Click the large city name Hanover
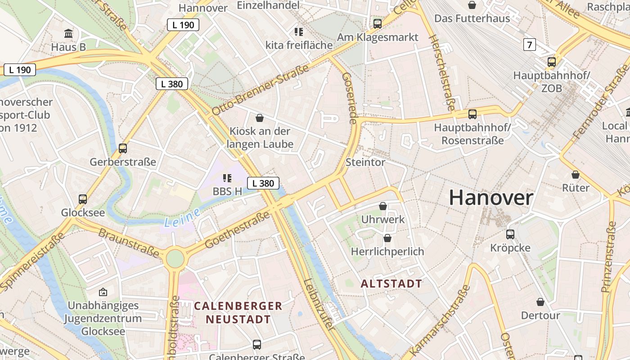click(491, 198)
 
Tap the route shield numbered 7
click(530, 45)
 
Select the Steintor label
click(365, 162)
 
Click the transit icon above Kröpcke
click(510, 234)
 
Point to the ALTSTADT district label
click(391, 283)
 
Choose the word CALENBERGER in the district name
click(238, 306)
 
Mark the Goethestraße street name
click(237, 229)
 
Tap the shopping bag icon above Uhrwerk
click(383, 206)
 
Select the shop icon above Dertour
click(540, 302)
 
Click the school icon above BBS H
click(227, 178)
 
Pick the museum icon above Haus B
click(68, 34)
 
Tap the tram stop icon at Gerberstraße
click(122, 148)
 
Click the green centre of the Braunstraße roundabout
click(175, 258)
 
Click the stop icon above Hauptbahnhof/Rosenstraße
click(472, 114)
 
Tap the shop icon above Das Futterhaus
click(472, 5)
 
